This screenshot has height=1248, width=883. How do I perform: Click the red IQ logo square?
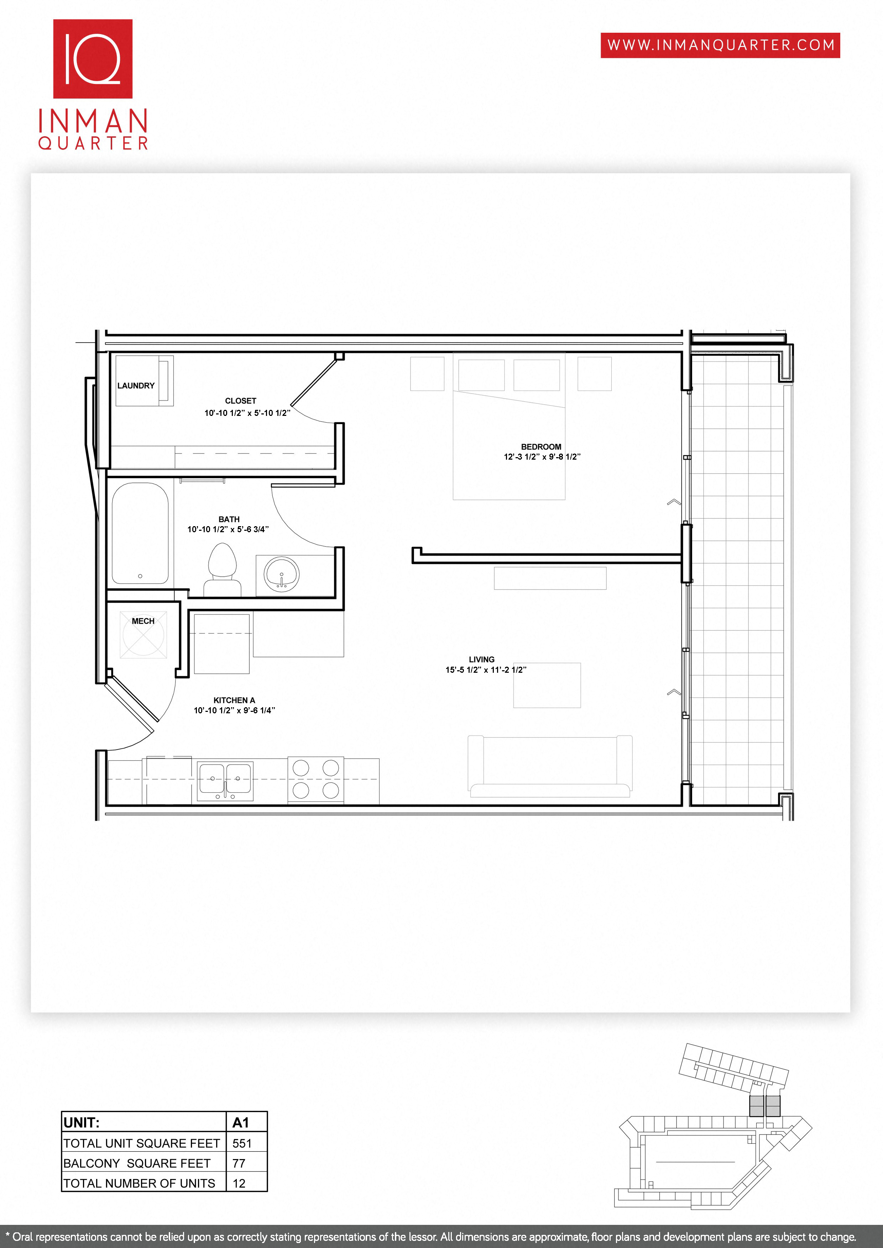point(93,59)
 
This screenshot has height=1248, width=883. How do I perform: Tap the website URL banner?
point(720,45)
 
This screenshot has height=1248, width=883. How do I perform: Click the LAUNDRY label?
point(136,385)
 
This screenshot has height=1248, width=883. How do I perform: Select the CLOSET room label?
point(240,401)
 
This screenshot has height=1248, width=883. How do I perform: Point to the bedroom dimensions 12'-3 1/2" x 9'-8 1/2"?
point(542,456)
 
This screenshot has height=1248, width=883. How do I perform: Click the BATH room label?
point(229,519)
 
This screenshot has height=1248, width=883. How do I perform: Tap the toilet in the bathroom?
point(223,568)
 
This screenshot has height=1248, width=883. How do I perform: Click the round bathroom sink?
point(281,574)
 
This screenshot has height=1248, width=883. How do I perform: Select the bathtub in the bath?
point(140,533)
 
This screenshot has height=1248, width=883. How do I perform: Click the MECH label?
point(143,621)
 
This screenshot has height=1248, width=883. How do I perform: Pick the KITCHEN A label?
point(234,700)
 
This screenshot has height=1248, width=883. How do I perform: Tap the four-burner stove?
point(315,779)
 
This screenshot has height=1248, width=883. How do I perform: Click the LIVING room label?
point(481,659)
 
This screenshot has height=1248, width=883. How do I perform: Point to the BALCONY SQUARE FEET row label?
point(137,1163)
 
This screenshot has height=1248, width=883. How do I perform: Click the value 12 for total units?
point(239,1183)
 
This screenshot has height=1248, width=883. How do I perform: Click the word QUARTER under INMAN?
point(93,143)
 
